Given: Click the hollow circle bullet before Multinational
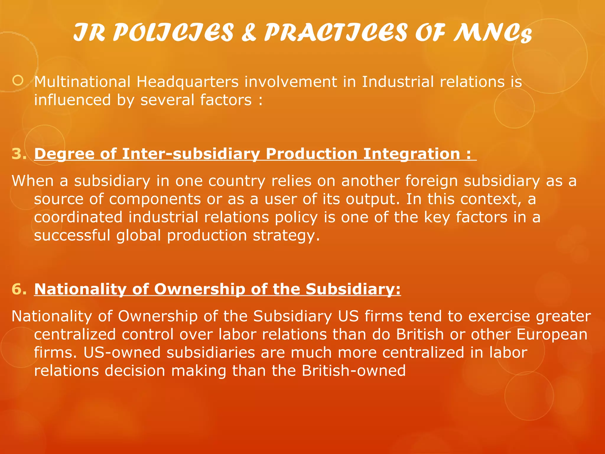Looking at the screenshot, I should click(x=18, y=80).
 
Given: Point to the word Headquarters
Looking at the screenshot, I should click(x=187, y=82).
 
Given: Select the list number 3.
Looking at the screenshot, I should click(x=19, y=154).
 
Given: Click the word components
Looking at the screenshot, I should click(x=155, y=199).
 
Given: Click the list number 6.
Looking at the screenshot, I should click(x=19, y=289).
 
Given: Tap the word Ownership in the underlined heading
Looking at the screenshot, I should click(x=199, y=289).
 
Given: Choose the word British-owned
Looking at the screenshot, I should click(x=354, y=371).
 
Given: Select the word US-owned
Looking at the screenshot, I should click(x=122, y=353).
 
